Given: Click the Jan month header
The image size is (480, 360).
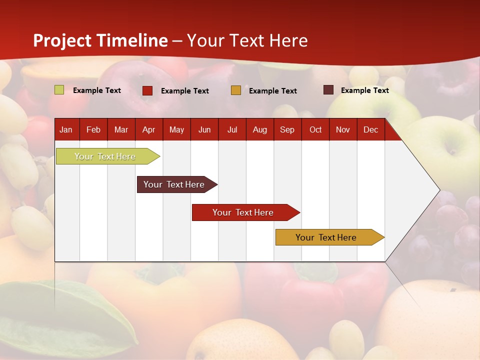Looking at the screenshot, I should pyautogui.click(x=66, y=129).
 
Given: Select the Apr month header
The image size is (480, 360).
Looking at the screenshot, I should pyautogui.click(x=148, y=129).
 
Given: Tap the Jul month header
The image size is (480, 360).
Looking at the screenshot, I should pyautogui.click(x=232, y=129).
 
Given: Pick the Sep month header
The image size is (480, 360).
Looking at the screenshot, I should pyautogui.click(x=287, y=129).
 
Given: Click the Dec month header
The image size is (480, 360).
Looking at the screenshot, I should pyautogui.click(x=370, y=129).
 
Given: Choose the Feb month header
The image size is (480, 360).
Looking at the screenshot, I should pyautogui.click(x=93, y=129).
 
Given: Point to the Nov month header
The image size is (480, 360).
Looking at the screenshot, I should pyautogui.click(x=342, y=129).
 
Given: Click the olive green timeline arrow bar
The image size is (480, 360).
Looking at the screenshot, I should pyautogui.click(x=105, y=156).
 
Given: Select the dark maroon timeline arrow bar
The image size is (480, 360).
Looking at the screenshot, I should pyautogui.click(x=174, y=184).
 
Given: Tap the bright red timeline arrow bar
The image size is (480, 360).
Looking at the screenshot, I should pyautogui.click(x=243, y=212).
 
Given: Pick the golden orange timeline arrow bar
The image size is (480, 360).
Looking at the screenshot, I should pyautogui.click(x=326, y=237).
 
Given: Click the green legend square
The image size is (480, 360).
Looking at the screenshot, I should pyautogui.click(x=59, y=90).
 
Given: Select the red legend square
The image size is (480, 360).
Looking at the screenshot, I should pyautogui.click(x=147, y=90).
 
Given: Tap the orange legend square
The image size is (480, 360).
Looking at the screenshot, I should pyautogui.click(x=236, y=90).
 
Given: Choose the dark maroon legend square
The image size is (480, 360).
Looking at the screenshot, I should pyautogui.click(x=328, y=90).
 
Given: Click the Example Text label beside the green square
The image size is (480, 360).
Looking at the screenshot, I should pyautogui.click(x=97, y=90).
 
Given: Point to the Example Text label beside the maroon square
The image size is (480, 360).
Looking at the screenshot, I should pyautogui.click(x=365, y=90).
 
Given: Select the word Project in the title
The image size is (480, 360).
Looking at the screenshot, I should pyautogui.click(x=62, y=40).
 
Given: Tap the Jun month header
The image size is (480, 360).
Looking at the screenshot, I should pyautogui.click(x=204, y=129).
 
